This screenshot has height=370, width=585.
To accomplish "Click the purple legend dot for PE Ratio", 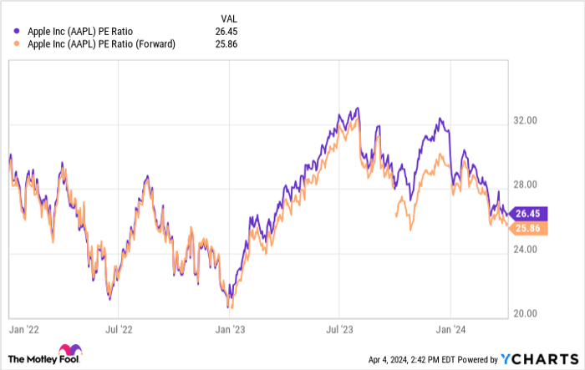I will [17, 32].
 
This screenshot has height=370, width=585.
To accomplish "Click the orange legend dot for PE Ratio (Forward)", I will [17, 44].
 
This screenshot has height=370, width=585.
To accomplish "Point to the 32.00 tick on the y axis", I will [524, 121].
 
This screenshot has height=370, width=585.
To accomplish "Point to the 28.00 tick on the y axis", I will [524, 185].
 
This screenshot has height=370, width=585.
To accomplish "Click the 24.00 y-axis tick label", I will [524, 250].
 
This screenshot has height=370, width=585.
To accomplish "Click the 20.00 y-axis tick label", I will [524, 314].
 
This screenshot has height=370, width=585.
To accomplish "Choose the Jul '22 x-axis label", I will [120, 330].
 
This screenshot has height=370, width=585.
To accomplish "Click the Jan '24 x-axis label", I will [451, 330].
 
